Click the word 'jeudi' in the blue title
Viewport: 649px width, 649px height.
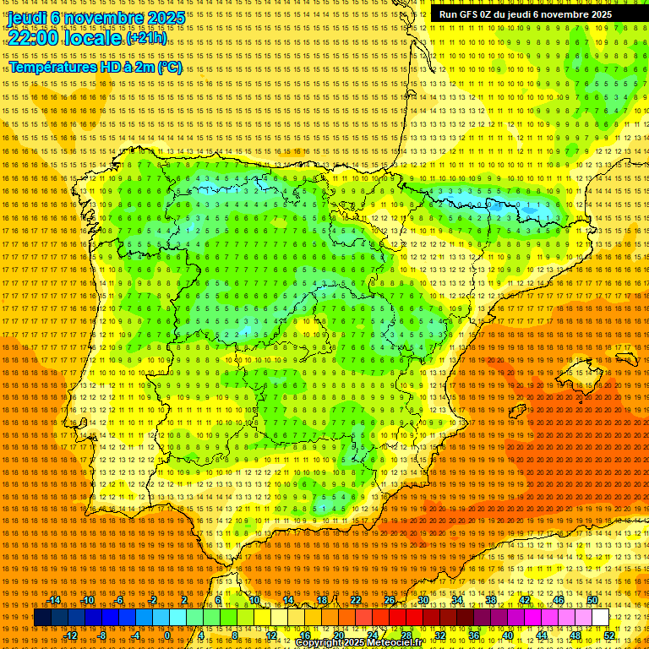tap(26, 18)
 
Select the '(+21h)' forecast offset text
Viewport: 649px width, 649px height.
tap(146, 39)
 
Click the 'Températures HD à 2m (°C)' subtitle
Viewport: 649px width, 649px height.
tap(95, 67)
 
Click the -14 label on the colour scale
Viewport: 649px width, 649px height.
tap(54, 600)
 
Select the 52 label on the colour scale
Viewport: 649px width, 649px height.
tap(609, 635)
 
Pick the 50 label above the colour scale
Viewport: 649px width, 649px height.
tap(592, 600)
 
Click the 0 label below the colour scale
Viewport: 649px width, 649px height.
tap(167, 635)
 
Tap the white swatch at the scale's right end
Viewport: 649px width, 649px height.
tap(600, 618)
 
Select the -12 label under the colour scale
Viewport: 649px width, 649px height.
tap(71, 635)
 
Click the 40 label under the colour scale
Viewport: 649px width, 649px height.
tap(508, 635)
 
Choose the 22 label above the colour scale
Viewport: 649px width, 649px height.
tap(356, 600)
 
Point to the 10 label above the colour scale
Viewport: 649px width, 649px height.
tap(254, 600)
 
